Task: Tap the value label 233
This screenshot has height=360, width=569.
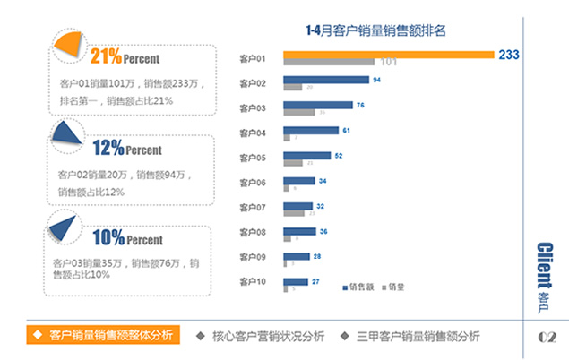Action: tap(509, 56)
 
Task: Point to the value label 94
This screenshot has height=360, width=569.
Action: tap(377, 80)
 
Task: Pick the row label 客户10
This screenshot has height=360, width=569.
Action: tap(254, 282)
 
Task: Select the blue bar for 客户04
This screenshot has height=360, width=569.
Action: tap(311, 131)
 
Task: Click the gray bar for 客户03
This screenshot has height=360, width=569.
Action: tap(299, 112)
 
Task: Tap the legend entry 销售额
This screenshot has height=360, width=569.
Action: tap(359, 287)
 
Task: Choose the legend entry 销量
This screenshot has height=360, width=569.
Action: tap(397, 287)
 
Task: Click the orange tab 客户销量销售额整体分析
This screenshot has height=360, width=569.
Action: tap(102, 336)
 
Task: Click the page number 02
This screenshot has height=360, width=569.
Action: tap(547, 337)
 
